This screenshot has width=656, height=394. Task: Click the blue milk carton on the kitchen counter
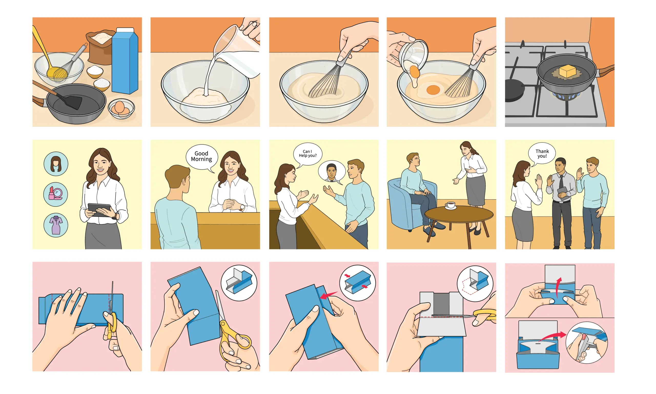click(x=125, y=61)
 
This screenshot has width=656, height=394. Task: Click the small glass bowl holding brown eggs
click(x=121, y=108)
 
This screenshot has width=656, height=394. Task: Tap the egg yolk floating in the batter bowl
click(x=433, y=90)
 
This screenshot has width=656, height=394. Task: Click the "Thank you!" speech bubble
click(x=542, y=154)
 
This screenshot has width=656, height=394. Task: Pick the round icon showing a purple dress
click(x=56, y=225)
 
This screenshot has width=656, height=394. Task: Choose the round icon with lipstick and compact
click(x=56, y=194)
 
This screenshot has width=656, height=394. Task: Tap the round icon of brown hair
click(x=56, y=164)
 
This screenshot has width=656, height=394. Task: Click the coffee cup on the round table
click(x=450, y=205)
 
